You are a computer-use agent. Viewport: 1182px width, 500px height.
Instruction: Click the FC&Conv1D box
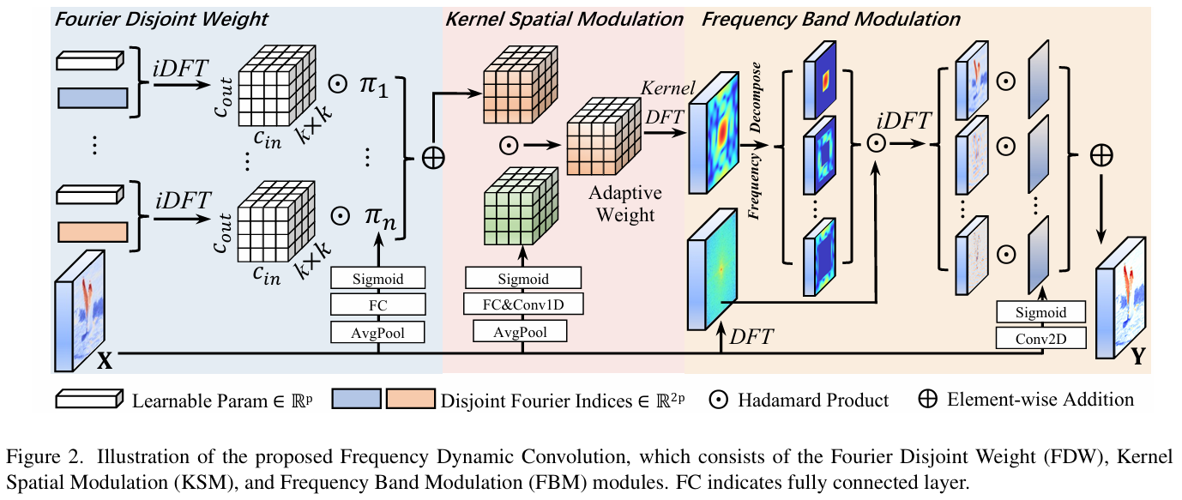(x=523, y=304)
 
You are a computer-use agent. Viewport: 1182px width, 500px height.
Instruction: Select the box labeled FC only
(x=378, y=304)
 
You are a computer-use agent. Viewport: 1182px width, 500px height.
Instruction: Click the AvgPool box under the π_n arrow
(x=378, y=331)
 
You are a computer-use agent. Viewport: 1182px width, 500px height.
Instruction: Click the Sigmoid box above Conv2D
(x=1041, y=312)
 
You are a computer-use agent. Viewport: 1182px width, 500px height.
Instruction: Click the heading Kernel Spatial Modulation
(x=564, y=18)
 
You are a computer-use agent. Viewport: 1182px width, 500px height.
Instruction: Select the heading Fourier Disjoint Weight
(x=161, y=18)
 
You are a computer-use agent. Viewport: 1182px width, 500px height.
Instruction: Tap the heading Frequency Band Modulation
(x=831, y=18)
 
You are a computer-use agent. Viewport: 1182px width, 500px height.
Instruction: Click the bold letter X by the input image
(x=104, y=361)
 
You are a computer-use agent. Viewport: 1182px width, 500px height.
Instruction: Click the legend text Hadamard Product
(x=813, y=400)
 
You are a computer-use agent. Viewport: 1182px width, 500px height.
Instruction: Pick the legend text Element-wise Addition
(x=1040, y=400)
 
